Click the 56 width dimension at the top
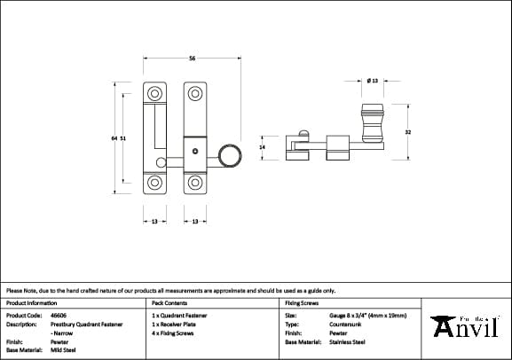tap(192, 59)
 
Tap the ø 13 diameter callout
tap(373, 81)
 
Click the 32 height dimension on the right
tap(407, 132)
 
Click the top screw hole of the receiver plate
tap(154, 92)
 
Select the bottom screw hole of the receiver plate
tap(154, 184)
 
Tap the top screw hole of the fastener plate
tap(194, 92)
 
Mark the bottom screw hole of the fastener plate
tap(194, 184)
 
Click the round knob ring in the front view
tap(230, 157)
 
